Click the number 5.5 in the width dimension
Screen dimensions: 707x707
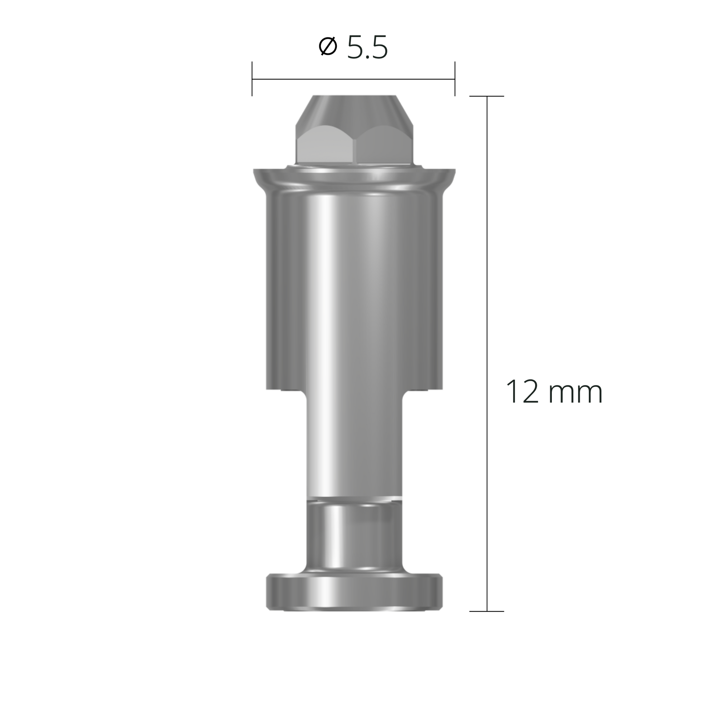[367, 48]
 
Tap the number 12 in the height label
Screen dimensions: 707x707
[522, 392]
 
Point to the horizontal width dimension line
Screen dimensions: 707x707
[353, 79]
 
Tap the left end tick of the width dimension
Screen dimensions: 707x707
[252, 79]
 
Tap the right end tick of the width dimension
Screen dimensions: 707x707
[455, 79]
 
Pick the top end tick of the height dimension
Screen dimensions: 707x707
[487, 96]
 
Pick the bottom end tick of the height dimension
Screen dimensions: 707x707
[487, 611]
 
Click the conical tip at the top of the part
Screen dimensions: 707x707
[354, 110]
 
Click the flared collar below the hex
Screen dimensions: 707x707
[354, 179]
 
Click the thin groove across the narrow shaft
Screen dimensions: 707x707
[354, 499]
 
